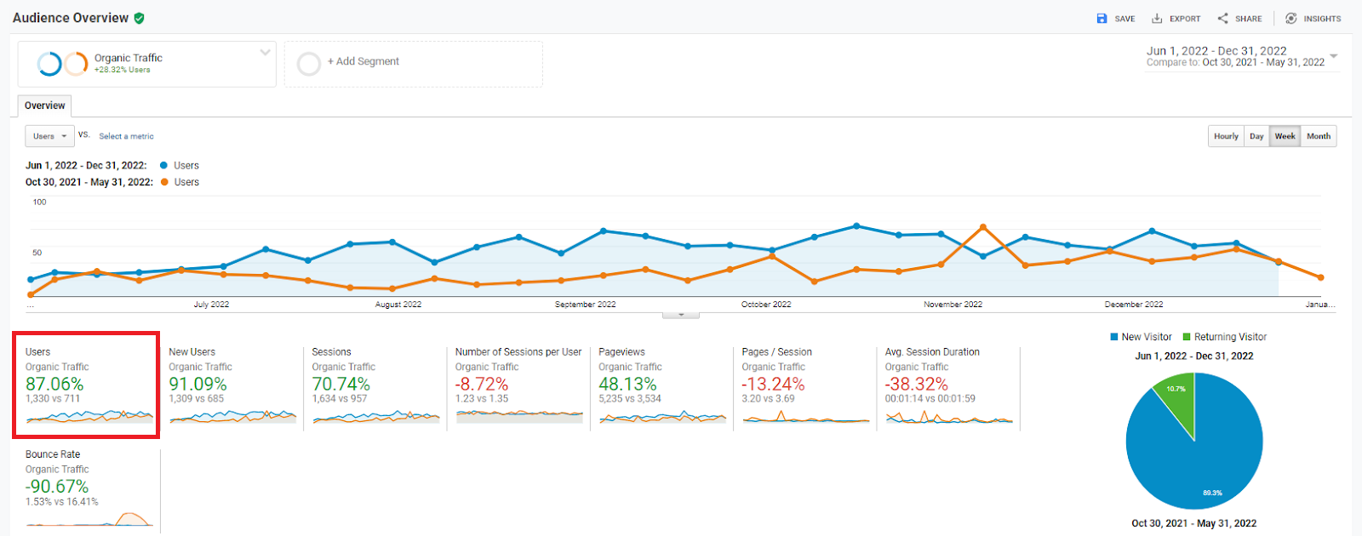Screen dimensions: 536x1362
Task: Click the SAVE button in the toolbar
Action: pyautogui.click(x=1115, y=19)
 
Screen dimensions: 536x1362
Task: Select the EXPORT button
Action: pyautogui.click(x=1176, y=19)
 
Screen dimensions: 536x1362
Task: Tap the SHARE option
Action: pyautogui.click(x=1239, y=19)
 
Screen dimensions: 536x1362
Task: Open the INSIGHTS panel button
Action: pyautogui.click(x=1313, y=19)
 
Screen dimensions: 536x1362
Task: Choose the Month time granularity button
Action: pyautogui.click(x=1318, y=136)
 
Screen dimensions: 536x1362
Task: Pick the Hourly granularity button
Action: pyautogui.click(x=1226, y=136)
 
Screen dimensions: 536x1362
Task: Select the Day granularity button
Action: pyautogui.click(x=1256, y=136)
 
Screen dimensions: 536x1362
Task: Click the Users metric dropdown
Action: pyautogui.click(x=49, y=136)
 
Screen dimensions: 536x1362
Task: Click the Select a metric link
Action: pyautogui.click(x=126, y=136)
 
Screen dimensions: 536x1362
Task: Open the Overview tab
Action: pyautogui.click(x=44, y=106)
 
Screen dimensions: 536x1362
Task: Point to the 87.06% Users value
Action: pyautogui.click(x=54, y=385)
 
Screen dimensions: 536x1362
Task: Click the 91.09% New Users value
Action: pyautogui.click(x=197, y=385)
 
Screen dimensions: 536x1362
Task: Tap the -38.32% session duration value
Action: pyautogui.click(x=916, y=385)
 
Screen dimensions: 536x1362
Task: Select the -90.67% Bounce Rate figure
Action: pyautogui.click(x=57, y=487)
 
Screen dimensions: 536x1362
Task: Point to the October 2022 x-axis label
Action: pyautogui.click(x=766, y=305)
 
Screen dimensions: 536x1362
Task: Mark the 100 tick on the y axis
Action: pyautogui.click(x=39, y=202)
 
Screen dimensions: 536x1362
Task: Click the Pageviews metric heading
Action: pyautogui.click(x=621, y=352)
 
